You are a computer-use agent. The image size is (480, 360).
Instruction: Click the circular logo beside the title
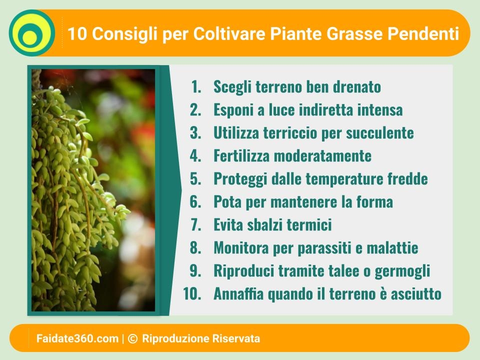(x=32, y=33)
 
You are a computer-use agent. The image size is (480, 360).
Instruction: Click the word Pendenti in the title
(x=423, y=33)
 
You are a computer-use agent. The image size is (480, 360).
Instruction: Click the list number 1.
(x=196, y=86)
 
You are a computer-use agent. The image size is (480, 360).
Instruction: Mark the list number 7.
(x=196, y=224)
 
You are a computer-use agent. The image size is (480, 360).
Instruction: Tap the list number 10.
(x=192, y=293)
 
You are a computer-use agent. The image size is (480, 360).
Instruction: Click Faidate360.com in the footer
(x=77, y=338)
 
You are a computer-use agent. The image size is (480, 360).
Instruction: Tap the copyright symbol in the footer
(x=132, y=338)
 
